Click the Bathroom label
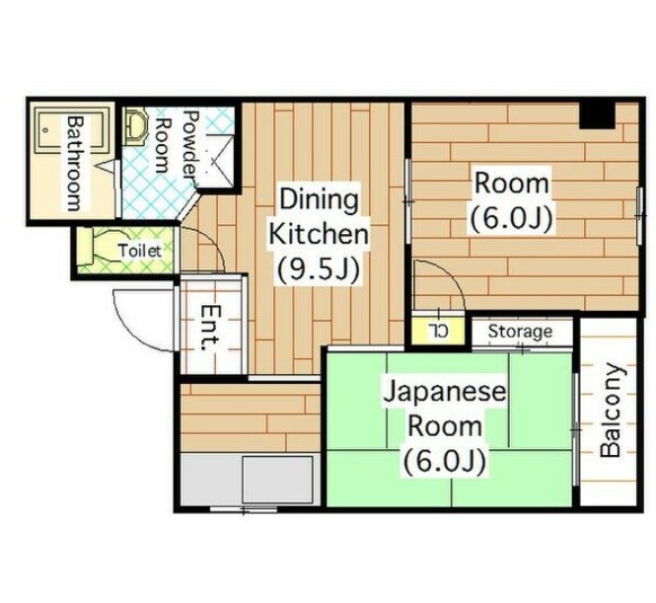coord(75,163)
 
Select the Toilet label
coord(140,251)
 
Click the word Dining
coord(319,199)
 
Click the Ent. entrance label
coord(210,328)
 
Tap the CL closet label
coord(438,331)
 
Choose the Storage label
coord(520,332)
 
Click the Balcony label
coord(611,410)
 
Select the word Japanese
coord(445,393)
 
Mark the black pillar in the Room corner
coord(597,115)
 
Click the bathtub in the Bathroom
coord(70,129)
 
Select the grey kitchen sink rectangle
coord(278,480)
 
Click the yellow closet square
coord(438,331)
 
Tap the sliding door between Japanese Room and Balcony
coord(576,429)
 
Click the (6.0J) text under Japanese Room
coord(445,461)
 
